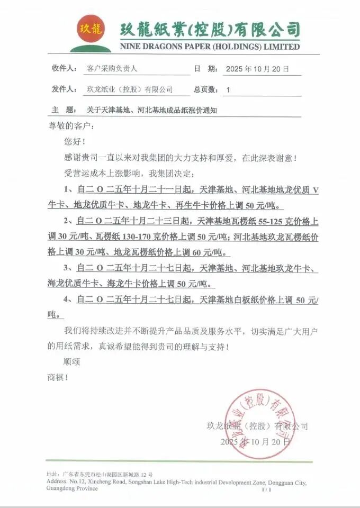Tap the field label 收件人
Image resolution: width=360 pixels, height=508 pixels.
tap(65, 69)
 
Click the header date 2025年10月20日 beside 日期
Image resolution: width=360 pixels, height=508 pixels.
tap(257, 69)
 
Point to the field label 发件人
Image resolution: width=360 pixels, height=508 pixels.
tap(65, 89)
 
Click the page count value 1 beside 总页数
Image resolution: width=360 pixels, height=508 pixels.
tap(228, 90)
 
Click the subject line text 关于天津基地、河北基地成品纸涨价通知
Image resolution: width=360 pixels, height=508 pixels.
tap(152, 110)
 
